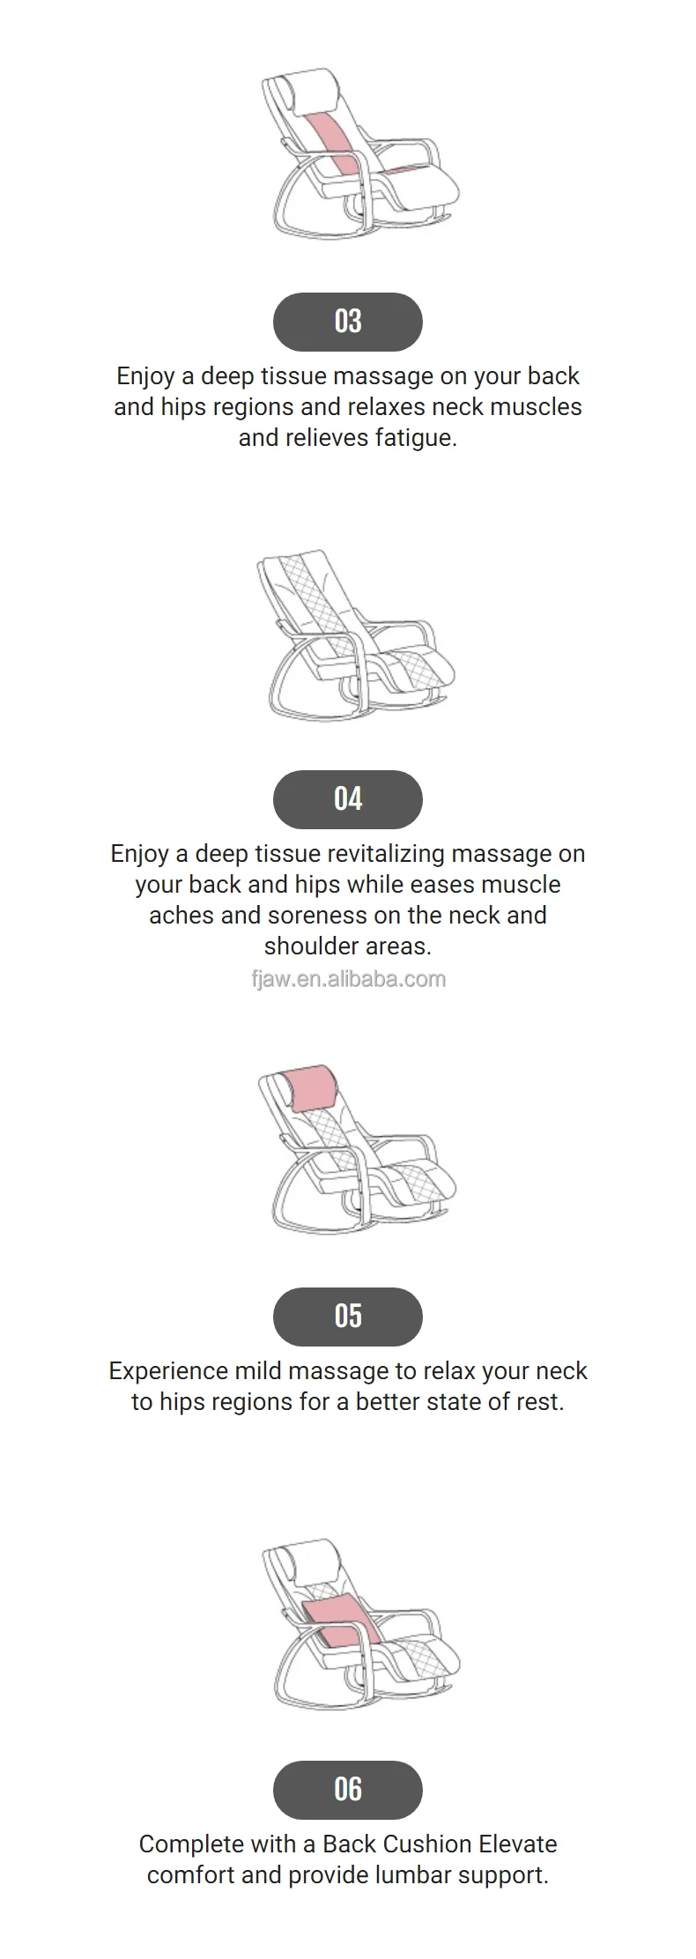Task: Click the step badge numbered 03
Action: click(347, 322)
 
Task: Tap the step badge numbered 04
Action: click(347, 799)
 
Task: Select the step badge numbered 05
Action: click(347, 1317)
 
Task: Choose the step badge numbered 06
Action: click(347, 1790)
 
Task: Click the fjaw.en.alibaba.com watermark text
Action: click(348, 979)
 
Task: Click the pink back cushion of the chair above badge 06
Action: click(339, 1621)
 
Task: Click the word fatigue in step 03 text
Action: click(415, 438)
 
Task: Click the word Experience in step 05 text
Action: click(168, 1371)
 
